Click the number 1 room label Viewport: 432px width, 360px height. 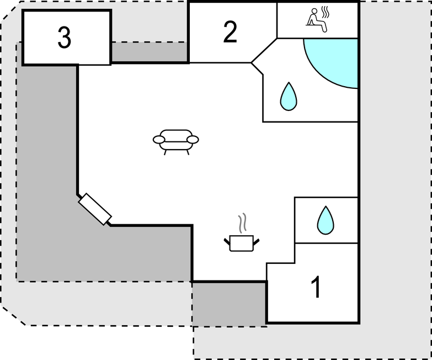point(316,287)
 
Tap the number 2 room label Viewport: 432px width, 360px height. point(230,32)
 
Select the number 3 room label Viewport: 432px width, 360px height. point(65,38)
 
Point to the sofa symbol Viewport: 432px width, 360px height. point(175,140)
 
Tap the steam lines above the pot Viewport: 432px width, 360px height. point(242,224)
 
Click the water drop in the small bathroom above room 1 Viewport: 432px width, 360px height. point(326,220)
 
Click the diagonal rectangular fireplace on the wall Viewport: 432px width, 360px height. point(95,209)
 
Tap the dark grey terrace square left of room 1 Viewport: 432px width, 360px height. point(229,303)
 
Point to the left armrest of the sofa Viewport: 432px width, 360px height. point(159,140)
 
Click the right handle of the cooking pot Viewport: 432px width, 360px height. point(256,240)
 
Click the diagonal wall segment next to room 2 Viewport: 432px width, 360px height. point(264,50)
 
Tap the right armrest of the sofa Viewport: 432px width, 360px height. point(193,140)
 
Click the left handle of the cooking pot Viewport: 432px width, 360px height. point(227,240)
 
